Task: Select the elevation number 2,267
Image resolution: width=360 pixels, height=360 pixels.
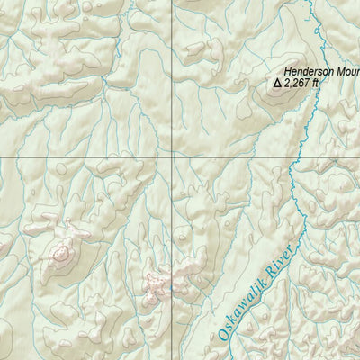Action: click(x=300, y=83)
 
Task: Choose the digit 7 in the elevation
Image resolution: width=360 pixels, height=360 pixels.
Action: click(x=310, y=83)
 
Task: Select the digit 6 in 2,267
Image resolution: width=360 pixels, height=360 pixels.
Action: click(x=304, y=83)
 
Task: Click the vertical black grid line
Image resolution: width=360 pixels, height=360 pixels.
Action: click(x=172, y=90)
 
